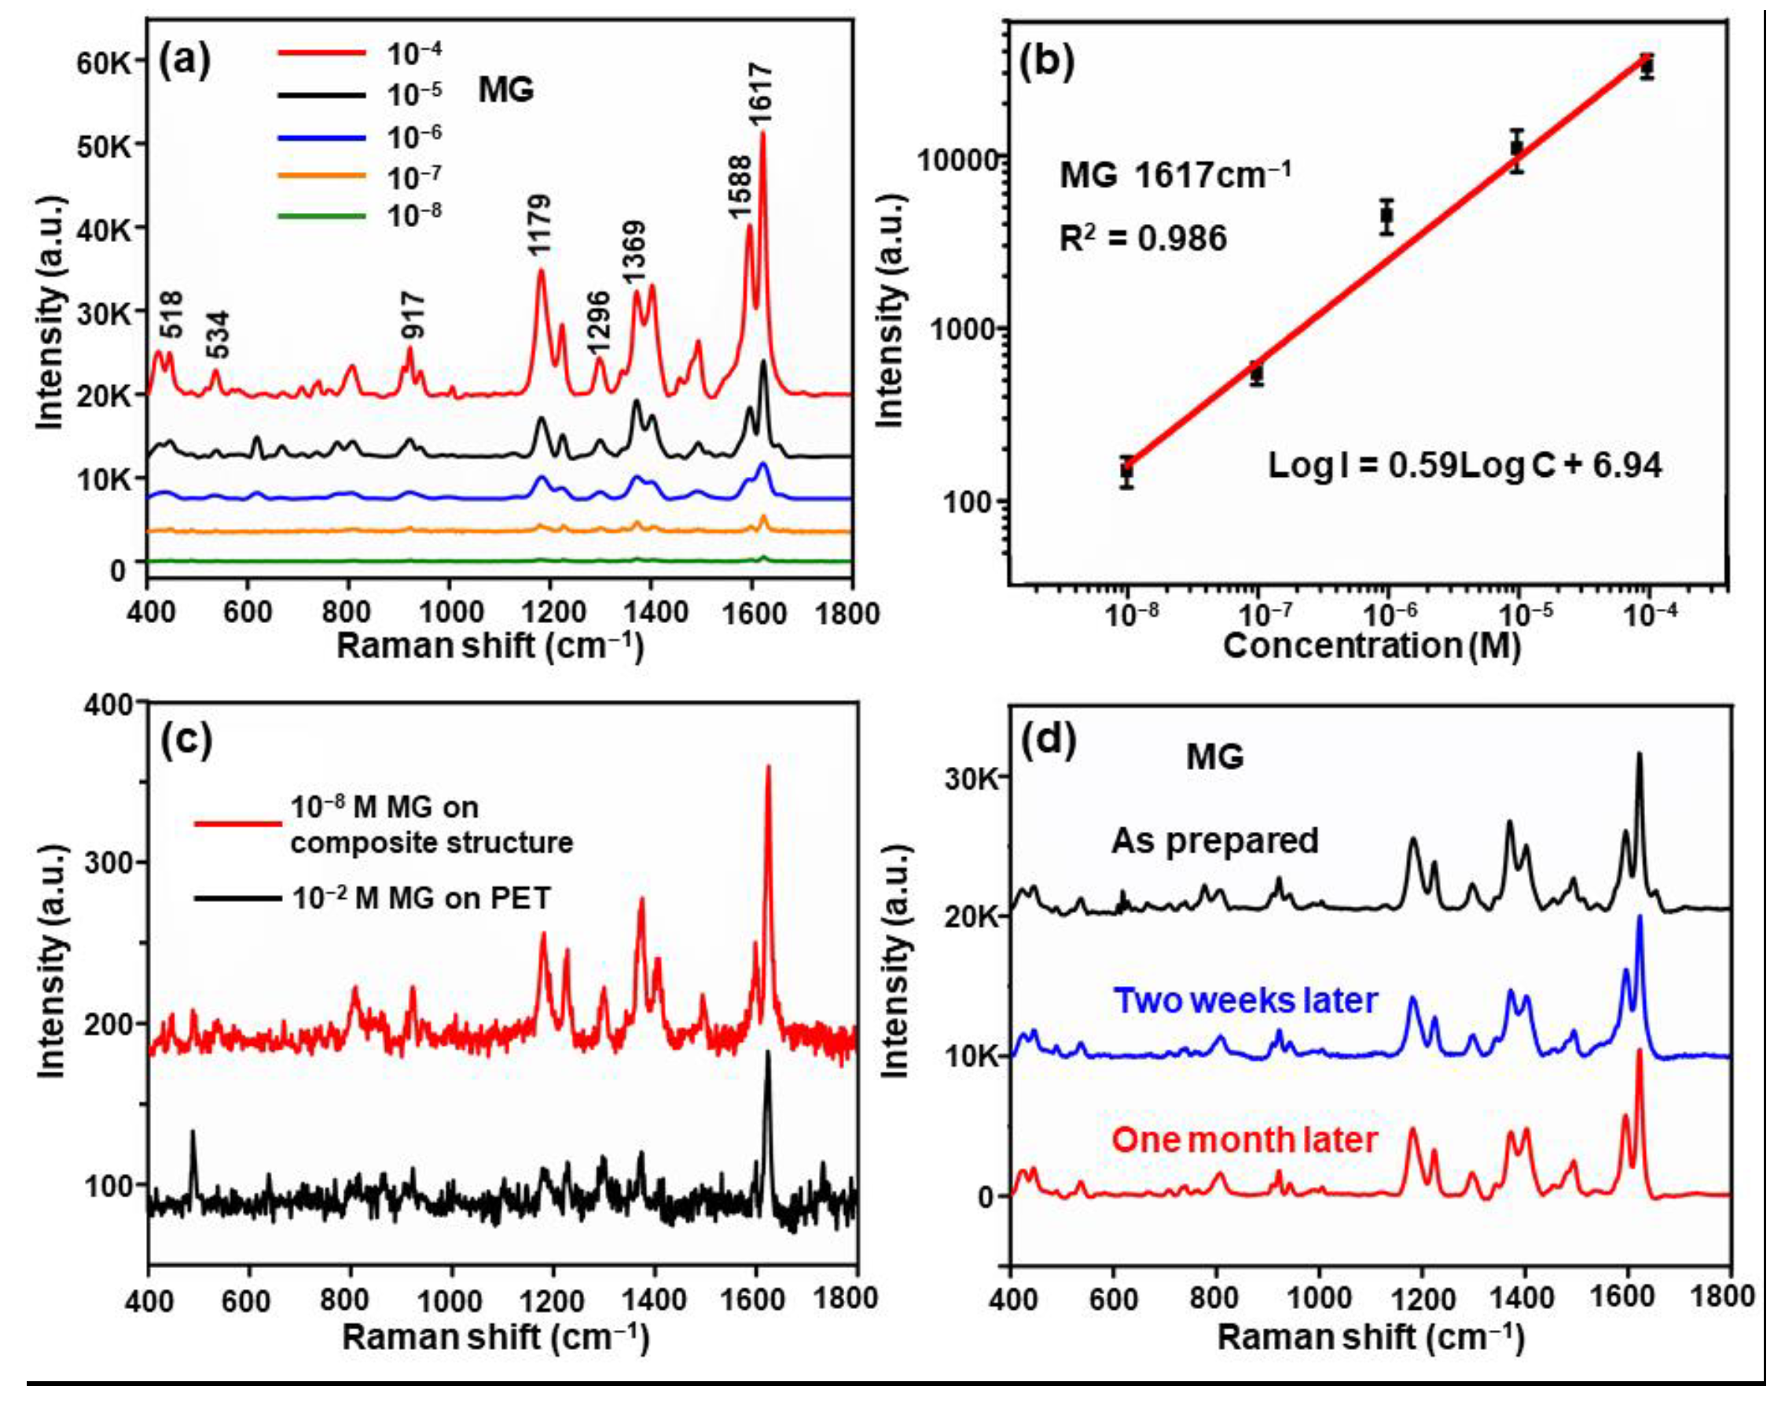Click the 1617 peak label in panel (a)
click(x=761, y=95)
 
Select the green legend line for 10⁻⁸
click(x=321, y=216)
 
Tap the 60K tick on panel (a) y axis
click(x=105, y=63)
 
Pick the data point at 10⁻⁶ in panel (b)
click(x=1387, y=216)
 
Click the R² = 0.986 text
click(x=1143, y=238)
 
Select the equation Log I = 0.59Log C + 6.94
click(x=1464, y=465)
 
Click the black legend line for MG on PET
click(x=237, y=899)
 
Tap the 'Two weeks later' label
click(x=1245, y=1000)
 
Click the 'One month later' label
click(x=1244, y=1140)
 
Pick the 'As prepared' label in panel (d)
click(x=1214, y=841)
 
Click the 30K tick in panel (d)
click(x=971, y=778)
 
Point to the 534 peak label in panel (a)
click(x=217, y=334)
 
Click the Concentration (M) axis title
click(x=1372, y=646)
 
